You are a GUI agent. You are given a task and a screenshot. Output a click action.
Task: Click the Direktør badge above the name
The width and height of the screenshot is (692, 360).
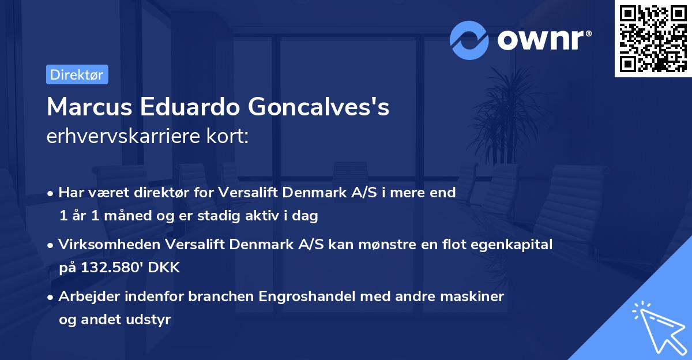tap(77, 74)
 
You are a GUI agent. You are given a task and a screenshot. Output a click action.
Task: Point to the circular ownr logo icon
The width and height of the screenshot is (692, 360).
tap(469, 40)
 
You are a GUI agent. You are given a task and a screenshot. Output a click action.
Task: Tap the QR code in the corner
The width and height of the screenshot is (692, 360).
tap(653, 39)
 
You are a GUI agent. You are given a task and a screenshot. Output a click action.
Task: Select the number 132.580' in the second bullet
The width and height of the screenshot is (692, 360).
tap(103, 268)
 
